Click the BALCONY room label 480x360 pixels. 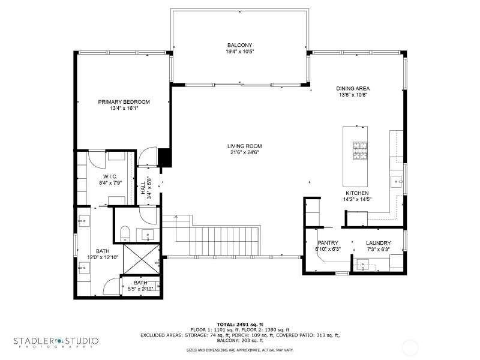(239, 46)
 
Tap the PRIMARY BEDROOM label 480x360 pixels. (124, 102)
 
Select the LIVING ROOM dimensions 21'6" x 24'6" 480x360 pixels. (245, 152)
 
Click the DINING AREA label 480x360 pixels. (353, 88)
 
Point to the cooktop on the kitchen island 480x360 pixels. (360, 151)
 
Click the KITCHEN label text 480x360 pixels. (357, 193)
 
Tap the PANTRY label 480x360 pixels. (328, 243)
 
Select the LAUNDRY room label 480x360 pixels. (379, 243)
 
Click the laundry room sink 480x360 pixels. (364, 265)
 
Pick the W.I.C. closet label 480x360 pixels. (110, 176)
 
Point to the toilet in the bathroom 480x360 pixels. (125, 233)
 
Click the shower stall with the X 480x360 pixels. (142, 259)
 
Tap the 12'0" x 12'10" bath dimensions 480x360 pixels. (103, 257)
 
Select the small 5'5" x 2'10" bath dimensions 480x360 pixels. (140, 289)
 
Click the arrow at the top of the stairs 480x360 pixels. (176, 217)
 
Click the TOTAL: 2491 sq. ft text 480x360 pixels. (240, 325)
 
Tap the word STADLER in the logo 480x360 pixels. (34, 341)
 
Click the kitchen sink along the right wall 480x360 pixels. (397, 182)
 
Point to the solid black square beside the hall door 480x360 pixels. (164, 157)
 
